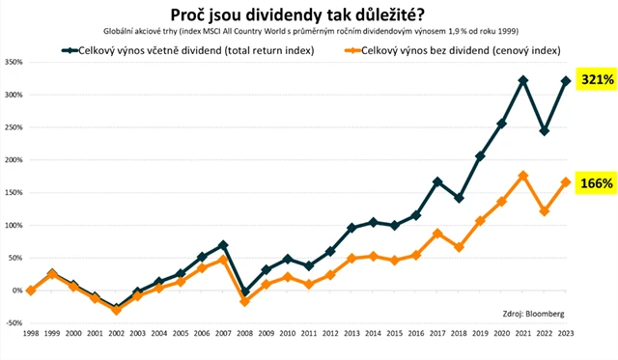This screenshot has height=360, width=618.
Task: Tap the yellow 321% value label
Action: coord(595,80)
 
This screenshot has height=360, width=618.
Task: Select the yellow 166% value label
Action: coord(595,182)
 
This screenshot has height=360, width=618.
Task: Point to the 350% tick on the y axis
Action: coord(14,62)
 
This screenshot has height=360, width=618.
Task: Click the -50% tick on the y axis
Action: coord(14,323)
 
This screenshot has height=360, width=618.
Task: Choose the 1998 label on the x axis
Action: coord(30,335)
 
